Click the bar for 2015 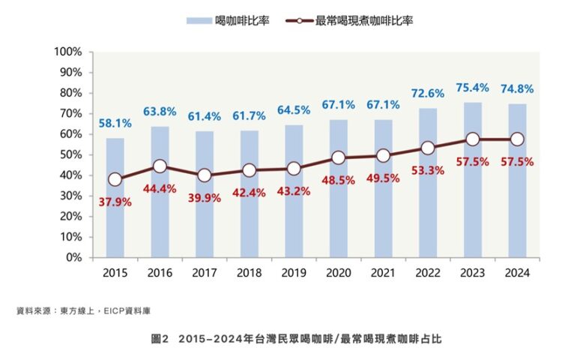(115, 217)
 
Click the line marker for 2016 (160, 166)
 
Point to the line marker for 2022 (428, 148)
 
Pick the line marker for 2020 (339, 157)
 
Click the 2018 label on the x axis (249, 273)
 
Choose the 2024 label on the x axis (517, 273)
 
